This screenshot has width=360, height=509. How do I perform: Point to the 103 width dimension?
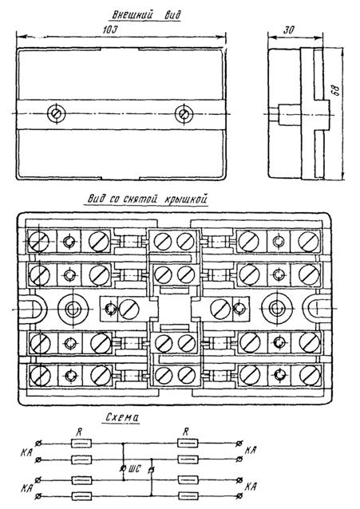pos(110,30)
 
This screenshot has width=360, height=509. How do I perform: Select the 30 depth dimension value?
pos(288,30)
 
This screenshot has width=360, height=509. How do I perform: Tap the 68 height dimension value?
pos(336,90)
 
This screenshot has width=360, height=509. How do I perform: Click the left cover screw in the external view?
pos(56,113)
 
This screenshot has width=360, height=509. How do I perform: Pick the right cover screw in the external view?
pos(184,113)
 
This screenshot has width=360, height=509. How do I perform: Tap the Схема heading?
pos(122,417)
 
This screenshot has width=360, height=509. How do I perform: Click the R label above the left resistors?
pos(80,432)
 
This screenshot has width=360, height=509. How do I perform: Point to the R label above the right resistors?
pos(186,432)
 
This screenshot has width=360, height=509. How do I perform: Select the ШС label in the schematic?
pos(135,469)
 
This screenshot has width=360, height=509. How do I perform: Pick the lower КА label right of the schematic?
pos(251,487)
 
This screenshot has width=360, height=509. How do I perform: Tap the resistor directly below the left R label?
pos(81,443)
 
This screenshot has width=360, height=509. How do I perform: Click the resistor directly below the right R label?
pos(188,443)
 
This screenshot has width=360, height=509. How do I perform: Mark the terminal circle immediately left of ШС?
pos(123,468)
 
